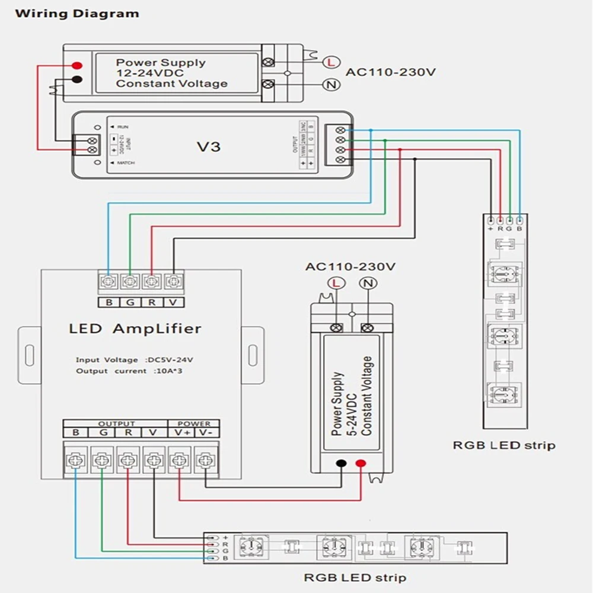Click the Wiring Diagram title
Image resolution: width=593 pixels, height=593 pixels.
(x=77, y=13)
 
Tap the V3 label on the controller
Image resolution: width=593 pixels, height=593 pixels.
(x=208, y=145)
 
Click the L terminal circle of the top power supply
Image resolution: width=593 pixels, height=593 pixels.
(x=330, y=62)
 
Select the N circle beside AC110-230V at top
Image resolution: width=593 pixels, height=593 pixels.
(x=330, y=85)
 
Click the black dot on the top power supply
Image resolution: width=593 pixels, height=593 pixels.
(x=77, y=80)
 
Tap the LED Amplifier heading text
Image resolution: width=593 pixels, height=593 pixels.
(x=135, y=329)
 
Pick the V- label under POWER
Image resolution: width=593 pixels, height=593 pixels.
(x=205, y=433)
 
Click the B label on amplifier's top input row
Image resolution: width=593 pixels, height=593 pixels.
(x=109, y=302)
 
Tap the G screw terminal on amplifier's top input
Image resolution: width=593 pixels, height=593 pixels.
(x=130, y=282)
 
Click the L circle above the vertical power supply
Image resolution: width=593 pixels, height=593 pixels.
(x=336, y=283)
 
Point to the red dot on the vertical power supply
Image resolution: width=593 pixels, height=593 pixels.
(x=361, y=464)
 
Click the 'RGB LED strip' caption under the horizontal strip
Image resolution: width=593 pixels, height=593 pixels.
(x=355, y=576)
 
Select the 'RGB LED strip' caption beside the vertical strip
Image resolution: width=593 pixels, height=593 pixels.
(x=504, y=445)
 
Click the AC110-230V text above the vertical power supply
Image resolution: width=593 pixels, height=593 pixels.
(x=350, y=266)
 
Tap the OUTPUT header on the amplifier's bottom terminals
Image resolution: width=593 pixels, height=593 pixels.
(x=116, y=423)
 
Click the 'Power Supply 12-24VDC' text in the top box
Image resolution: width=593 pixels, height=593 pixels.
(x=161, y=67)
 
